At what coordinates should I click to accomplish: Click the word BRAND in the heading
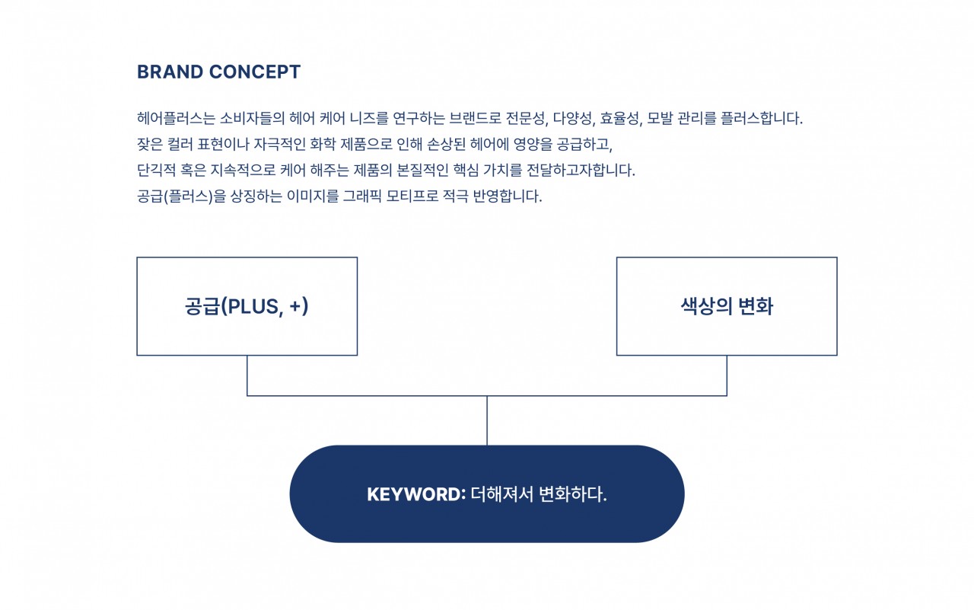point(170,72)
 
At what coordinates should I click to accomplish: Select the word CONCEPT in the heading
point(255,72)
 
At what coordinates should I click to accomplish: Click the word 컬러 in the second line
point(180,144)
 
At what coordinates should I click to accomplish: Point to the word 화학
point(323,144)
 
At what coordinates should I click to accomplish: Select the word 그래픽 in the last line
point(362,196)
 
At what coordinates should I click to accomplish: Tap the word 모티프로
point(412,196)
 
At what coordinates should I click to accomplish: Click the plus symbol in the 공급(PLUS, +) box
point(295,306)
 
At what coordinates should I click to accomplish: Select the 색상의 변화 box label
point(727,306)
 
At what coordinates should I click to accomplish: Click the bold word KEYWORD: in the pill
point(416,494)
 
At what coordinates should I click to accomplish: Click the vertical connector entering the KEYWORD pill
point(487,420)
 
